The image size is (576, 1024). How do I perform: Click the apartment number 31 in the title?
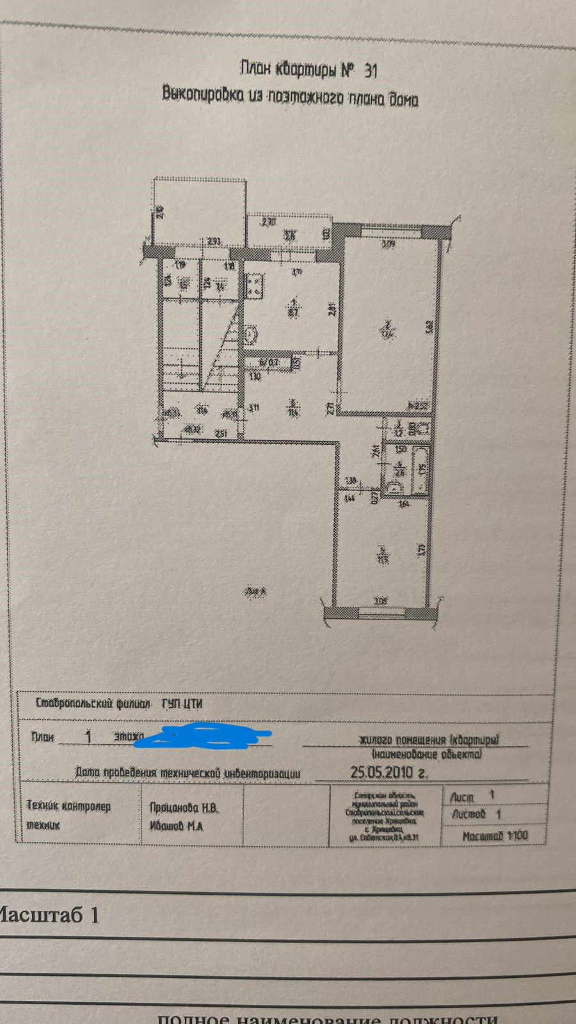click(x=371, y=71)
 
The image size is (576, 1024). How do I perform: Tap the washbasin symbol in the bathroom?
click(x=392, y=488)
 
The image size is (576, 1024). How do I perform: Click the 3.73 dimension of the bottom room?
click(x=422, y=549)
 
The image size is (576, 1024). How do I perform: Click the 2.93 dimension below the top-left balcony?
click(x=214, y=241)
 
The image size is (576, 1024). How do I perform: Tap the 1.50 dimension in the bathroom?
click(x=401, y=449)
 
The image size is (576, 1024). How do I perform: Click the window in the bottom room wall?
click(x=381, y=612)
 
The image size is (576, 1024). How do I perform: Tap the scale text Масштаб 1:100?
click(x=495, y=835)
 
